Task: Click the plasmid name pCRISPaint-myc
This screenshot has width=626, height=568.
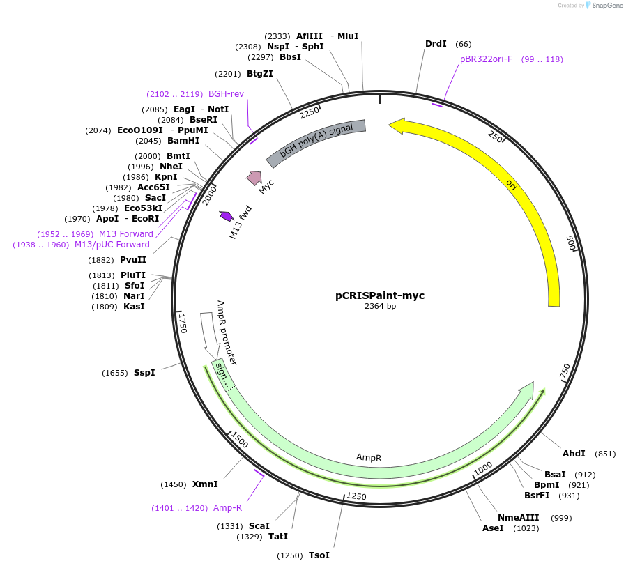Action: coord(380,295)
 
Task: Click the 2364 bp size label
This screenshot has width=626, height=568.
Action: coord(380,306)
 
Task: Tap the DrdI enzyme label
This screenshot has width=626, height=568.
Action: coord(436,44)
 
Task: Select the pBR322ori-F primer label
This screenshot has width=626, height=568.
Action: coord(486,59)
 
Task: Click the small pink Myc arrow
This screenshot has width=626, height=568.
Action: coord(254,178)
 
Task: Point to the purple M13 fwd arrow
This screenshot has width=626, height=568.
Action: coord(226,216)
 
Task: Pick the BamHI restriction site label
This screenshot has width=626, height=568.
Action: coord(183,140)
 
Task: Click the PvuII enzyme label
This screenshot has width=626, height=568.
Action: coord(132,260)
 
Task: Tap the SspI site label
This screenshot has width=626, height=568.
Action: coord(144,372)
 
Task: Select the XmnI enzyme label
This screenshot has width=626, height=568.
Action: coord(205,484)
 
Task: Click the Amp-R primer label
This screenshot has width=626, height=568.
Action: coord(227,508)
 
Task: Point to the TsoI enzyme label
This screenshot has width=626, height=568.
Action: coord(319,555)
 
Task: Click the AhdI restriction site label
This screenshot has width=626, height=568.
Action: coord(574,454)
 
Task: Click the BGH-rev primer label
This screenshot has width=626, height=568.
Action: coord(226,94)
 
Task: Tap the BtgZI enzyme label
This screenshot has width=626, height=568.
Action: coord(260,74)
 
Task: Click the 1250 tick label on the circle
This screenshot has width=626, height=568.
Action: coord(356,496)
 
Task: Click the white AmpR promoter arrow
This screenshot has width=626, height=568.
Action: coord(208,330)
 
